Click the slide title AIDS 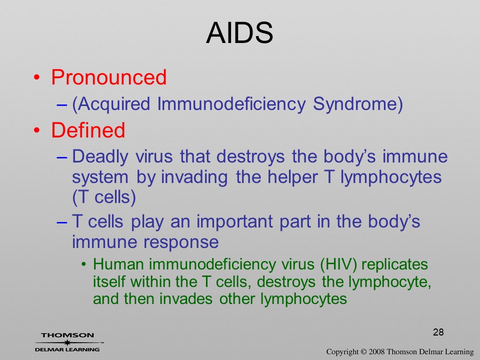click(x=239, y=33)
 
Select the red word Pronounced click(x=109, y=76)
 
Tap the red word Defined click(x=88, y=130)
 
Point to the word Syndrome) click(x=358, y=104)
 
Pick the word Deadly click(x=100, y=156)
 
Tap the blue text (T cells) click(x=104, y=197)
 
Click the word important click(x=234, y=221)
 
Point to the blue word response click(x=181, y=242)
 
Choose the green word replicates click(x=394, y=264)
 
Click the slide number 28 click(x=438, y=332)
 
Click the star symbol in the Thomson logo click(x=67, y=342)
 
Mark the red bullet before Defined click(x=36, y=130)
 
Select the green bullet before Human click(x=84, y=265)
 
